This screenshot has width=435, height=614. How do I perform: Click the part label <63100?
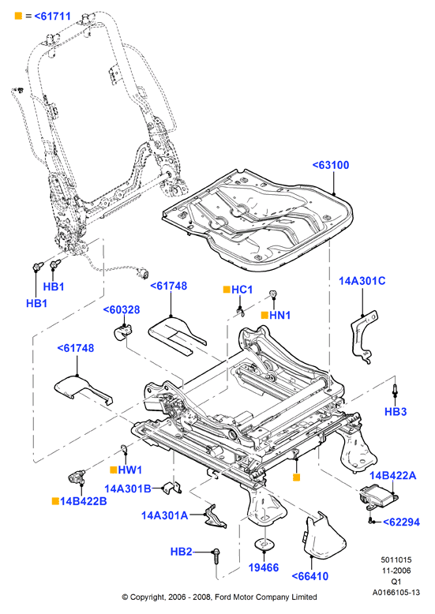[331, 165]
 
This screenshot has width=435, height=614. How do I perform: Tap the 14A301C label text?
[362, 281]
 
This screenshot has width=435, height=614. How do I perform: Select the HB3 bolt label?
[396, 411]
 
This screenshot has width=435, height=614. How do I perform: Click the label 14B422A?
[392, 475]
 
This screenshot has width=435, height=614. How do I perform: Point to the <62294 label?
[401, 522]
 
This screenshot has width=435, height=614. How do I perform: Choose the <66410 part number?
[310, 576]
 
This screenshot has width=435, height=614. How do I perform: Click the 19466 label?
[264, 567]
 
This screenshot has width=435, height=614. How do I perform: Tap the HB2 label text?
[181, 552]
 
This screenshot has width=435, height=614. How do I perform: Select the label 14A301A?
[164, 515]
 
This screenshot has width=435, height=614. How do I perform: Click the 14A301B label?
[128, 489]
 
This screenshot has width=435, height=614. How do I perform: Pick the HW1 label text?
[130, 470]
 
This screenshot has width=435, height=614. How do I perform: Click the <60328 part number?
[122, 309]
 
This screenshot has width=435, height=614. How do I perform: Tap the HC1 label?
[242, 290]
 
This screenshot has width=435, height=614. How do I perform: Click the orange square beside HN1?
[264, 315]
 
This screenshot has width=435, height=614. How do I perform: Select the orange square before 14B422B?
[55, 501]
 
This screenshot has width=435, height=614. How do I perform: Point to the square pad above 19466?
[264, 543]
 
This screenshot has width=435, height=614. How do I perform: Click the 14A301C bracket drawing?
[363, 337]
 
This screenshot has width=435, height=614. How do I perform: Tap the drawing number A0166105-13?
[396, 593]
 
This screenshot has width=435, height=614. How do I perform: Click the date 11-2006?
[396, 571]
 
